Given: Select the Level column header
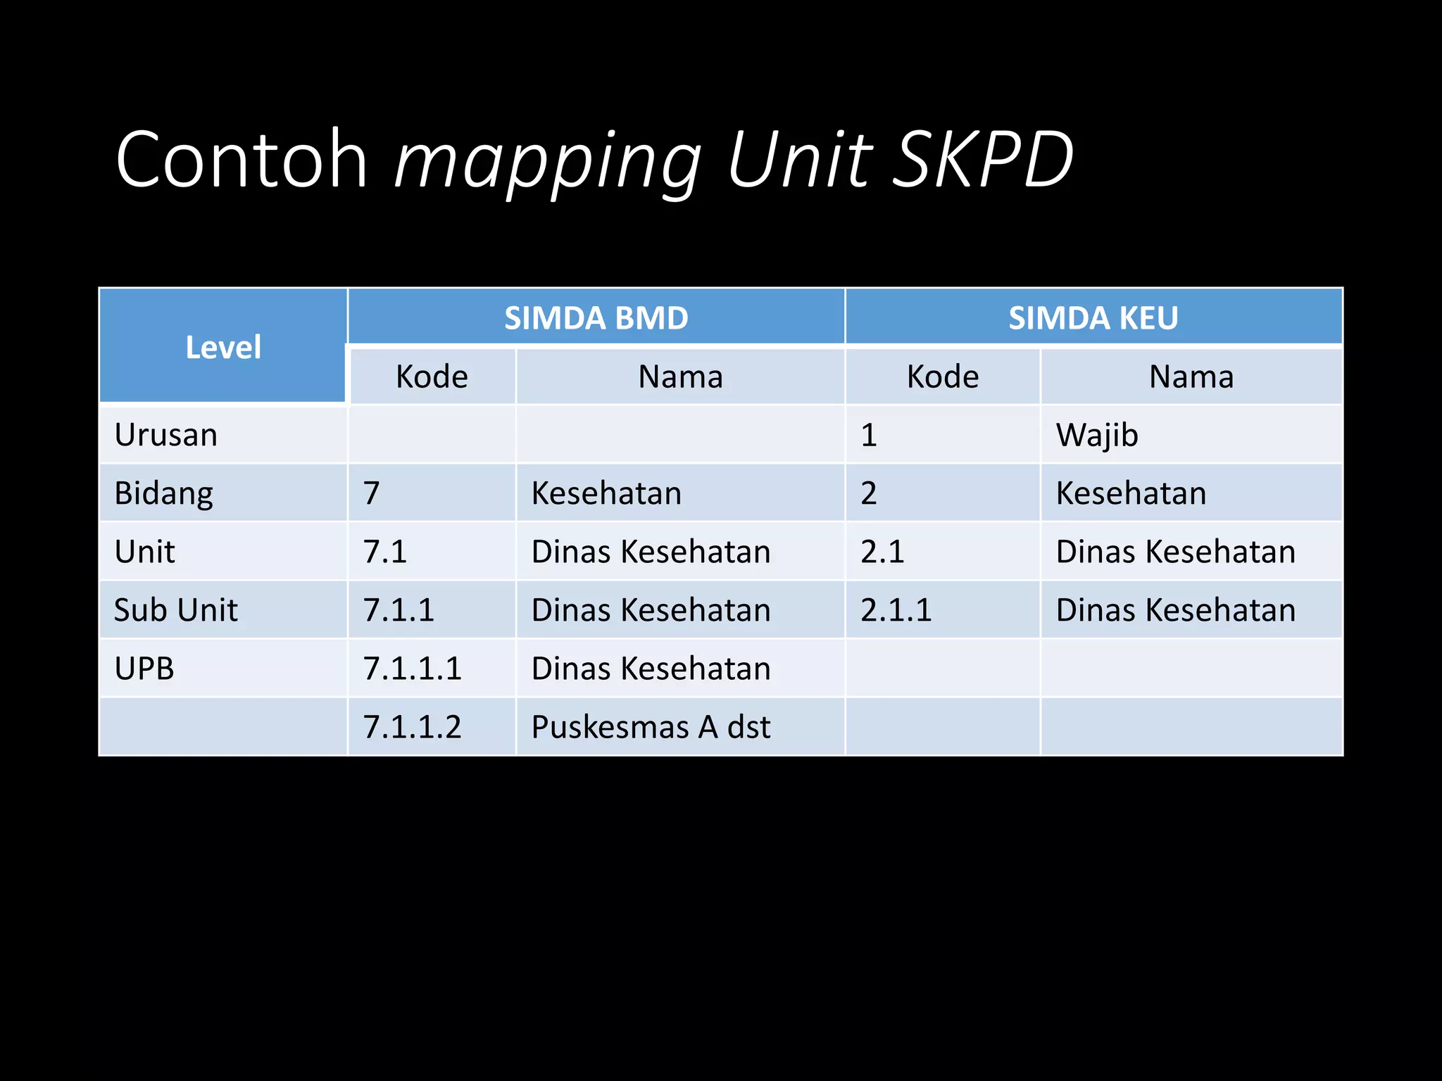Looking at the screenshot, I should (223, 347).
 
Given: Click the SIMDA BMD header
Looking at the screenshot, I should (596, 318).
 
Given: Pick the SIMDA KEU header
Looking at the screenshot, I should (1093, 318).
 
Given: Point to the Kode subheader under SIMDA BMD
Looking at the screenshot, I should (432, 377).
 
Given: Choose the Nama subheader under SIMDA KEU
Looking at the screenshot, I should (1191, 377).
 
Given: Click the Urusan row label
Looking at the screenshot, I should (166, 435).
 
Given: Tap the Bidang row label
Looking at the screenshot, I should (163, 493).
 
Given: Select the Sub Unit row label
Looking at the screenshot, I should (175, 610).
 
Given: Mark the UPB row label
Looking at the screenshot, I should (144, 669).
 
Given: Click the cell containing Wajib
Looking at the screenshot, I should (1097, 435).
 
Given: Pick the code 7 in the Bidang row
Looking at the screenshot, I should (372, 493).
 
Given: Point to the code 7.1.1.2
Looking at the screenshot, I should (412, 727).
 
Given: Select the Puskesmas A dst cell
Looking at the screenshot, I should (651, 727).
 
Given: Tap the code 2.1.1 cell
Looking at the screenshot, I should (896, 610).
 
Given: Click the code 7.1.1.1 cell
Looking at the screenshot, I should (412, 669).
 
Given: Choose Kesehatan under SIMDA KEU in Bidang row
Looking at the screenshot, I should (1131, 493).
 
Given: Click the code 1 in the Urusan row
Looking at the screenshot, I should (869, 435).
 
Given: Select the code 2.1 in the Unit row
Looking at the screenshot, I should (882, 552).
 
